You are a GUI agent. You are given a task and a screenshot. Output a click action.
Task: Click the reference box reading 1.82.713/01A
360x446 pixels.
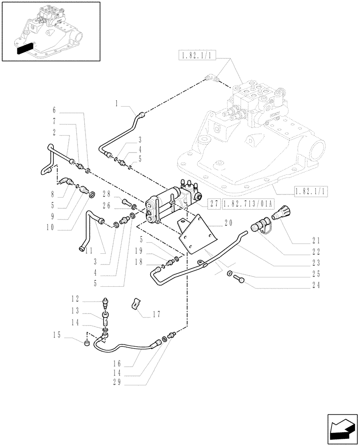pos(248,204)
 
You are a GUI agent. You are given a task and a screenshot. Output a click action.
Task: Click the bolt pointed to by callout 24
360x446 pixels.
pos(237,279)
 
